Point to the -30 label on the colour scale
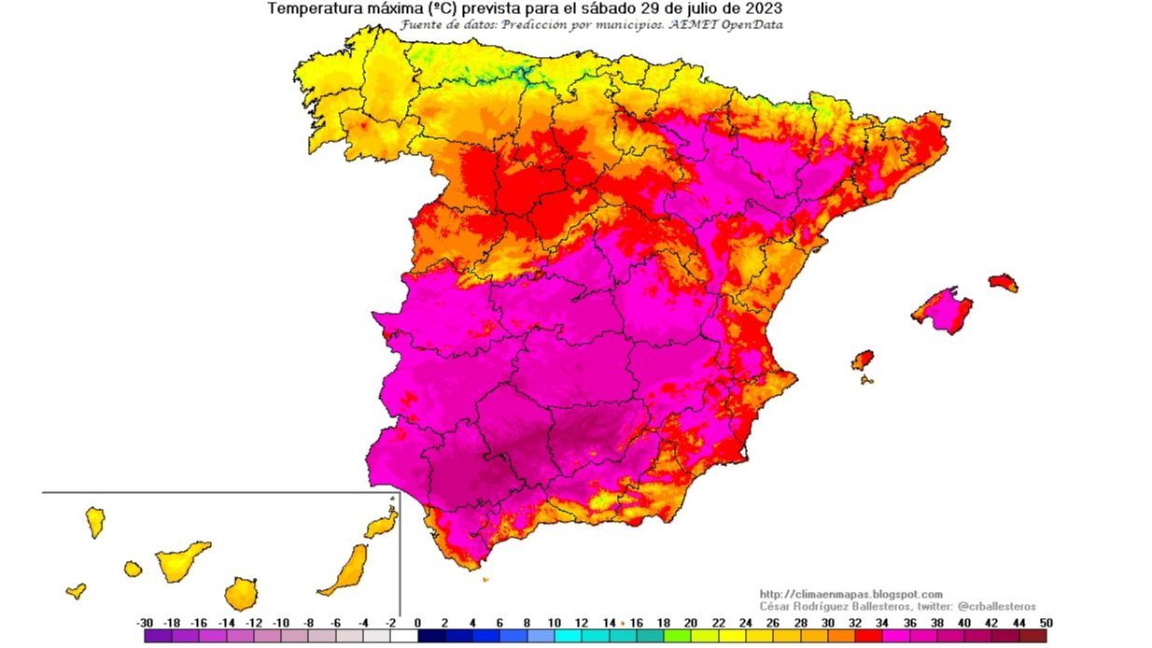pyautogui.click(x=145, y=622)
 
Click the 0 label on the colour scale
pyautogui.click(x=417, y=622)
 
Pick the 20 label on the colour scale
pyautogui.click(x=691, y=622)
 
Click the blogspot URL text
pyautogui.click(x=850, y=594)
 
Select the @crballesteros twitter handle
pyautogui.click(x=997, y=606)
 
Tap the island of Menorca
pyautogui.click(x=1003, y=282)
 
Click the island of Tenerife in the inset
pyautogui.click(x=181, y=560)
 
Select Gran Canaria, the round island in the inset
pyautogui.click(x=240, y=593)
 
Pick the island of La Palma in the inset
pyautogui.click(x=95, y=521)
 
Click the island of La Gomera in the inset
pyautogui.click(x=133, y=569)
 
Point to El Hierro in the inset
pyautogui.click(x=77, y=591)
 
